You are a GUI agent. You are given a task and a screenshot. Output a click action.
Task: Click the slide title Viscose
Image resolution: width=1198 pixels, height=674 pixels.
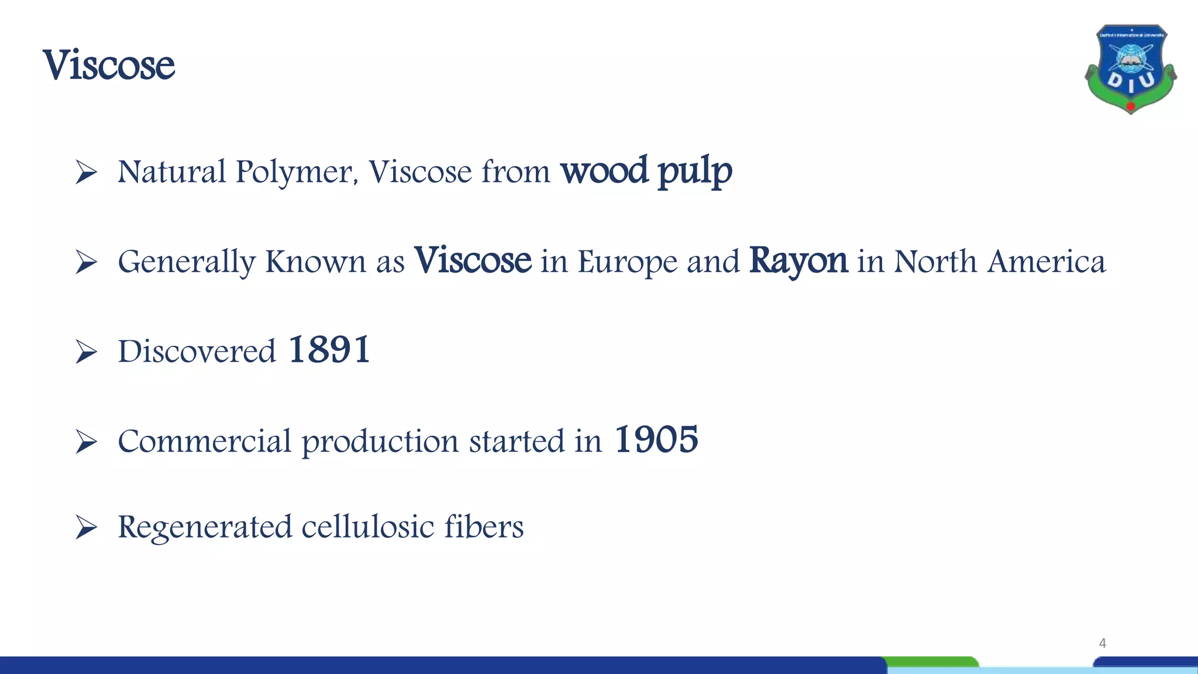pyautogui.click(x=109, y=65)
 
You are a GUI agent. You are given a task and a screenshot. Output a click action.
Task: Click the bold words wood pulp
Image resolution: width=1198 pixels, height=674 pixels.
pyautogui.click(x=646, y=171)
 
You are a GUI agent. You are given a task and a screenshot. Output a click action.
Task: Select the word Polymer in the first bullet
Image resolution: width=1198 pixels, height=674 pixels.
pyautogui.click(x=296, y=173)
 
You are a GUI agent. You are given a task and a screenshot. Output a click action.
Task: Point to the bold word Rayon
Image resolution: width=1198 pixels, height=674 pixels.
pyautogui.click(x=798, y=260)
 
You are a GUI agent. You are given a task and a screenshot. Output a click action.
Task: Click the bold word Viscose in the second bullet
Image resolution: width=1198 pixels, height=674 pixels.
pyautogui.click(x=473, y=260)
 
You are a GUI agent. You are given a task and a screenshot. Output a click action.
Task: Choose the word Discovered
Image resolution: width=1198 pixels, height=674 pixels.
pyautogui.click(x=197, y=352)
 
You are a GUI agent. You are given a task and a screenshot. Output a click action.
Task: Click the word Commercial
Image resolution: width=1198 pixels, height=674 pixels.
pyautogui.click(x=204, y=441)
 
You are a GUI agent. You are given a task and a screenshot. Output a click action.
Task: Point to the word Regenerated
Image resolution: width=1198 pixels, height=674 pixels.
pyautogui.click(x=205, y=528)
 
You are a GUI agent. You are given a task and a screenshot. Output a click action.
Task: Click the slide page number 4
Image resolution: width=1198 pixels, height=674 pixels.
pyautogui.click(x=1102, y=644)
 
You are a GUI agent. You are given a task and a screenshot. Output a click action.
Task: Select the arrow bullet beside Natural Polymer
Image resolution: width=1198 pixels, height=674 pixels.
pyautogui.click(x=86, y=173)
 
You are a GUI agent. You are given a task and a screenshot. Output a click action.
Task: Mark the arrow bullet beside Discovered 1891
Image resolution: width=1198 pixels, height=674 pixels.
pyautogui.click(x=86, y=352)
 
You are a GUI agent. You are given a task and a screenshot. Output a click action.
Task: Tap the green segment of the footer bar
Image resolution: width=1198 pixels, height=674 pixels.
pyautogui.click(x=932, y=662)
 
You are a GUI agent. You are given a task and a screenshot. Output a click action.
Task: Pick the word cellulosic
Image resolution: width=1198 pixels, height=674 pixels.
pyautogui.click(x=368, y=527)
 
